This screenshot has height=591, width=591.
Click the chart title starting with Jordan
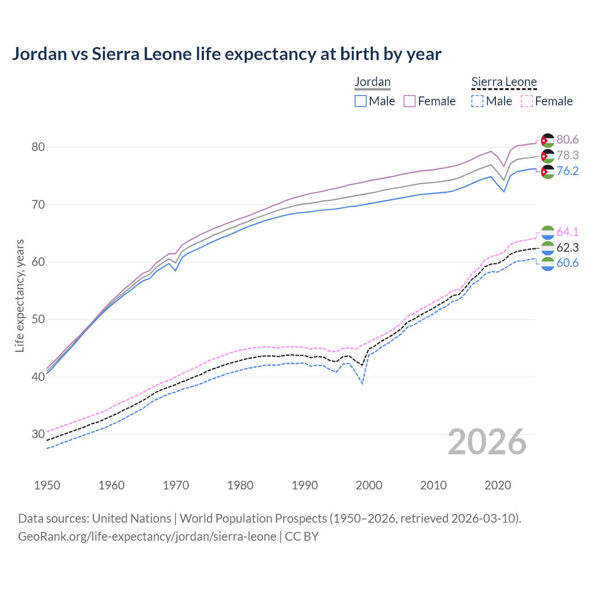point(226,54)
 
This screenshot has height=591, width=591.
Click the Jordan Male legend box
point(361,101)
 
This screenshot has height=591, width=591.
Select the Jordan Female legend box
point(410,101)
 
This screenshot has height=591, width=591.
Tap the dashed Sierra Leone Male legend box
point(477,101)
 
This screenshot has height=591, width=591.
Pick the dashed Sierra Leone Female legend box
point(527,101)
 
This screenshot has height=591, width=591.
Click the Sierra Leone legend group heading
point(504,82)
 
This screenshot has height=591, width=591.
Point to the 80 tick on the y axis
point(38,147)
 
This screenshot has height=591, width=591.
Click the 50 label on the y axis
point(38,320)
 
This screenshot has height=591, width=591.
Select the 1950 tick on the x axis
point(47,485)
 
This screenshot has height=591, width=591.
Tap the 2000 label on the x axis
point(369,485)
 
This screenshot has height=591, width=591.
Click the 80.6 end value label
point(567,140)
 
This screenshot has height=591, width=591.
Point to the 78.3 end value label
point(567,156)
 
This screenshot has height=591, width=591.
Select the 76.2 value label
point(567,171)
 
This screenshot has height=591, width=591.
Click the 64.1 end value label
point(567,232)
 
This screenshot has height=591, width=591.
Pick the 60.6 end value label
point(567,263)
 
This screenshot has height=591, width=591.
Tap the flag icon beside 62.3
point(548,248)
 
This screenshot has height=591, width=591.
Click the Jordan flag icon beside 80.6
point(548,140)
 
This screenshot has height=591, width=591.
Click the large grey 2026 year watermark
point(487,442)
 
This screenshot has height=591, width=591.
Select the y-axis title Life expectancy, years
point(20,295)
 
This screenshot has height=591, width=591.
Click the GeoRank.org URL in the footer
point(147,537)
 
